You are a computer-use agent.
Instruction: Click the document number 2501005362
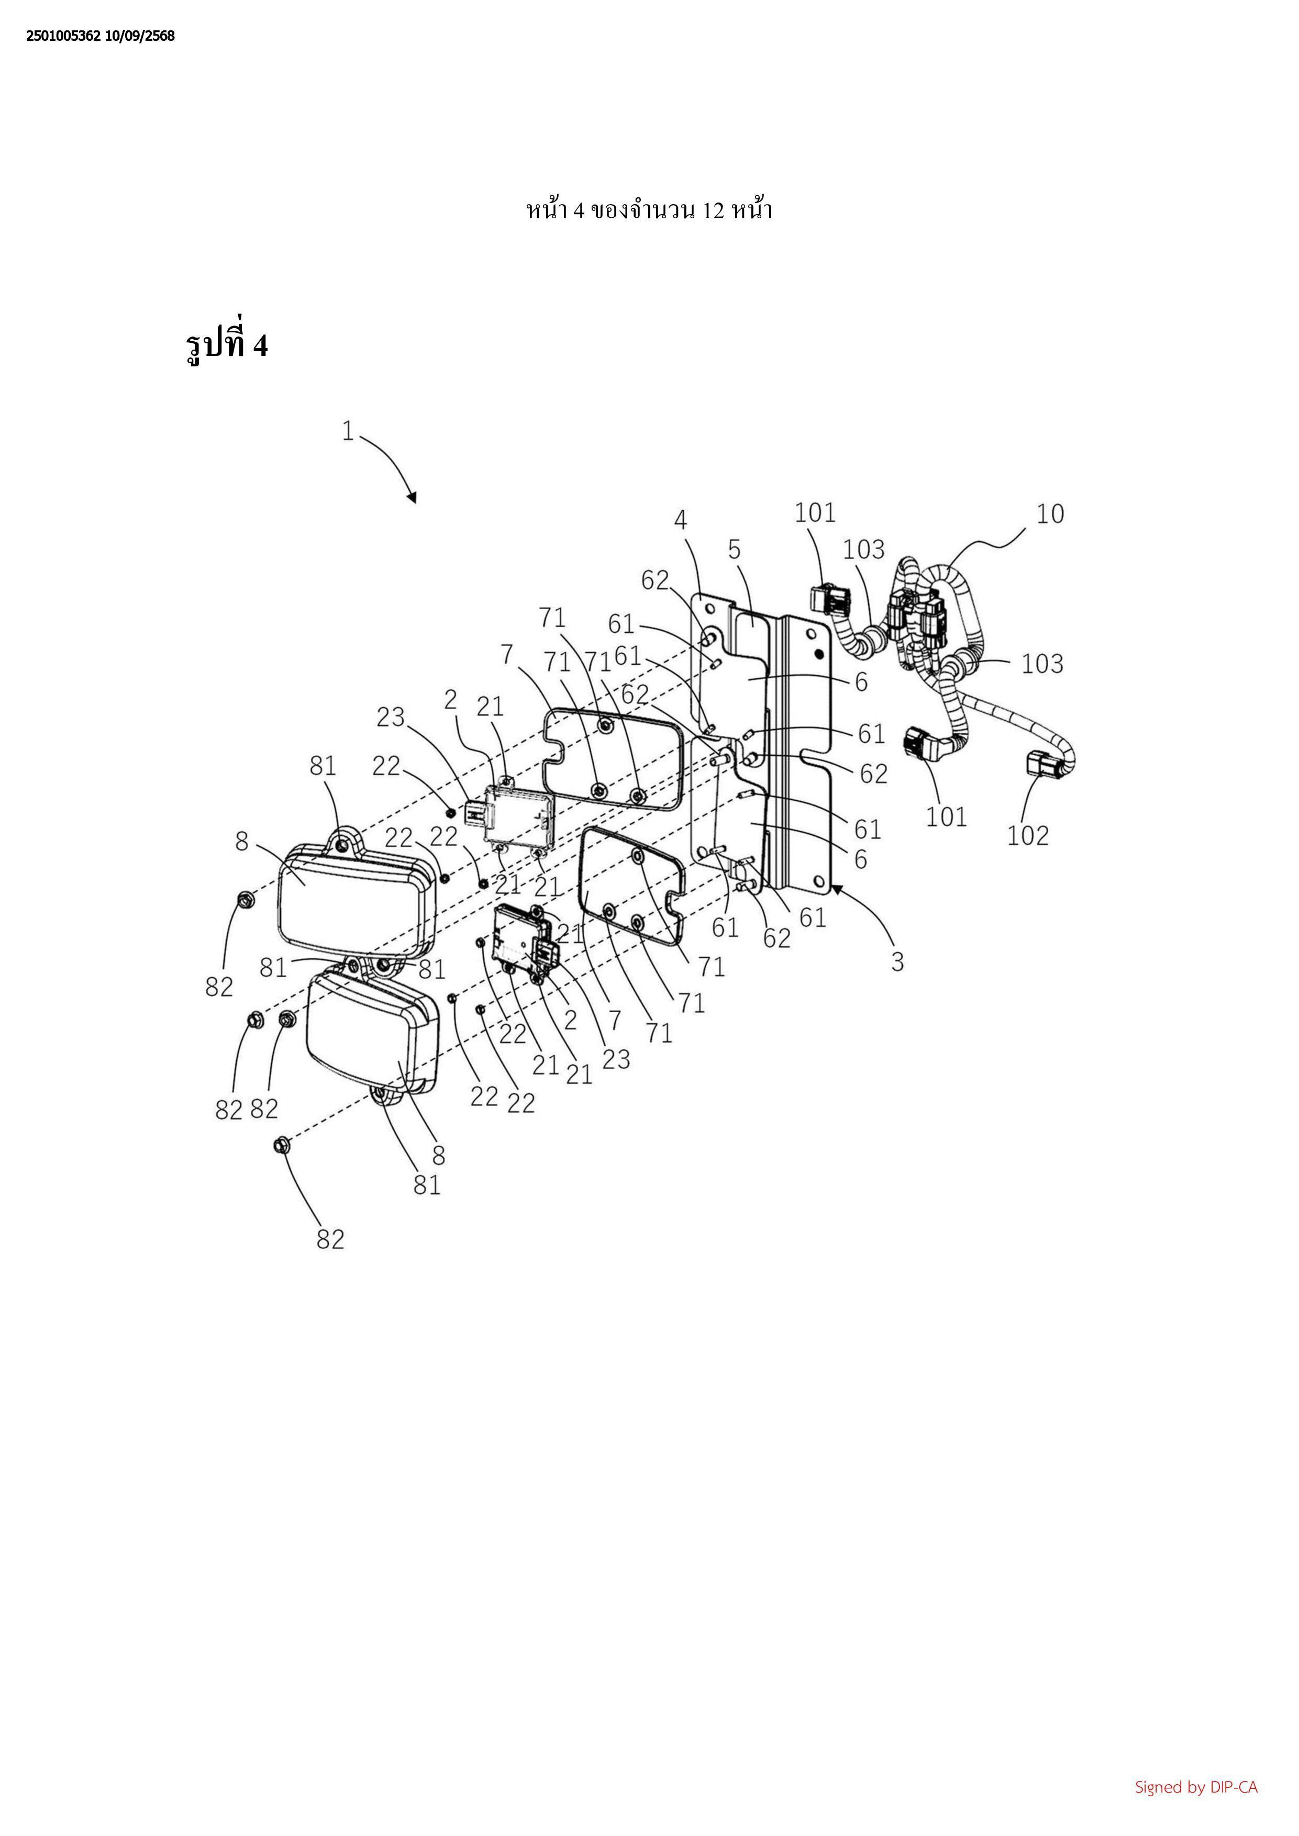coord(63,36)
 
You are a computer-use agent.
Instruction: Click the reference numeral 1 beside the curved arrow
coord(347,432)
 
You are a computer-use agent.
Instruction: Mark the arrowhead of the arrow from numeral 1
coord(412,498)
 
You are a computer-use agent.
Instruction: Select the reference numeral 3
coord(897,961)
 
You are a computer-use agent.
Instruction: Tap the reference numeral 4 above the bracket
coord(681,520)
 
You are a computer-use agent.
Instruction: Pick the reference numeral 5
coord(734,550)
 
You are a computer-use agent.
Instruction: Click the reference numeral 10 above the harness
coord(1050,513)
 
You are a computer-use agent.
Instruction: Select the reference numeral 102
coord(1028,836)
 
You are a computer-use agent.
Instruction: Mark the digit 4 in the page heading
coord(578,210)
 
